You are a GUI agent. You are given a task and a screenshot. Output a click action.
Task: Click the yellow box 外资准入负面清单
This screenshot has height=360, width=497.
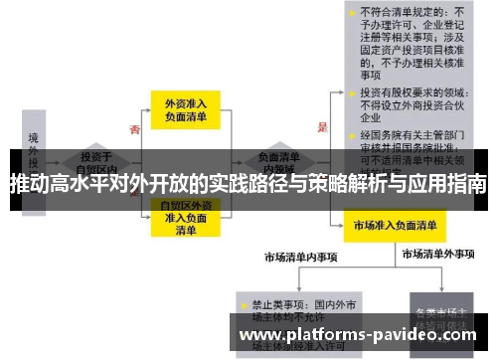click(185, 110)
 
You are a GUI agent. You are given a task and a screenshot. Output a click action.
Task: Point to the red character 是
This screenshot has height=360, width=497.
click(321, 127)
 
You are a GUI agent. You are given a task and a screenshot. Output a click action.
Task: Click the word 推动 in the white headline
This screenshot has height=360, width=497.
click(28, 184)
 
